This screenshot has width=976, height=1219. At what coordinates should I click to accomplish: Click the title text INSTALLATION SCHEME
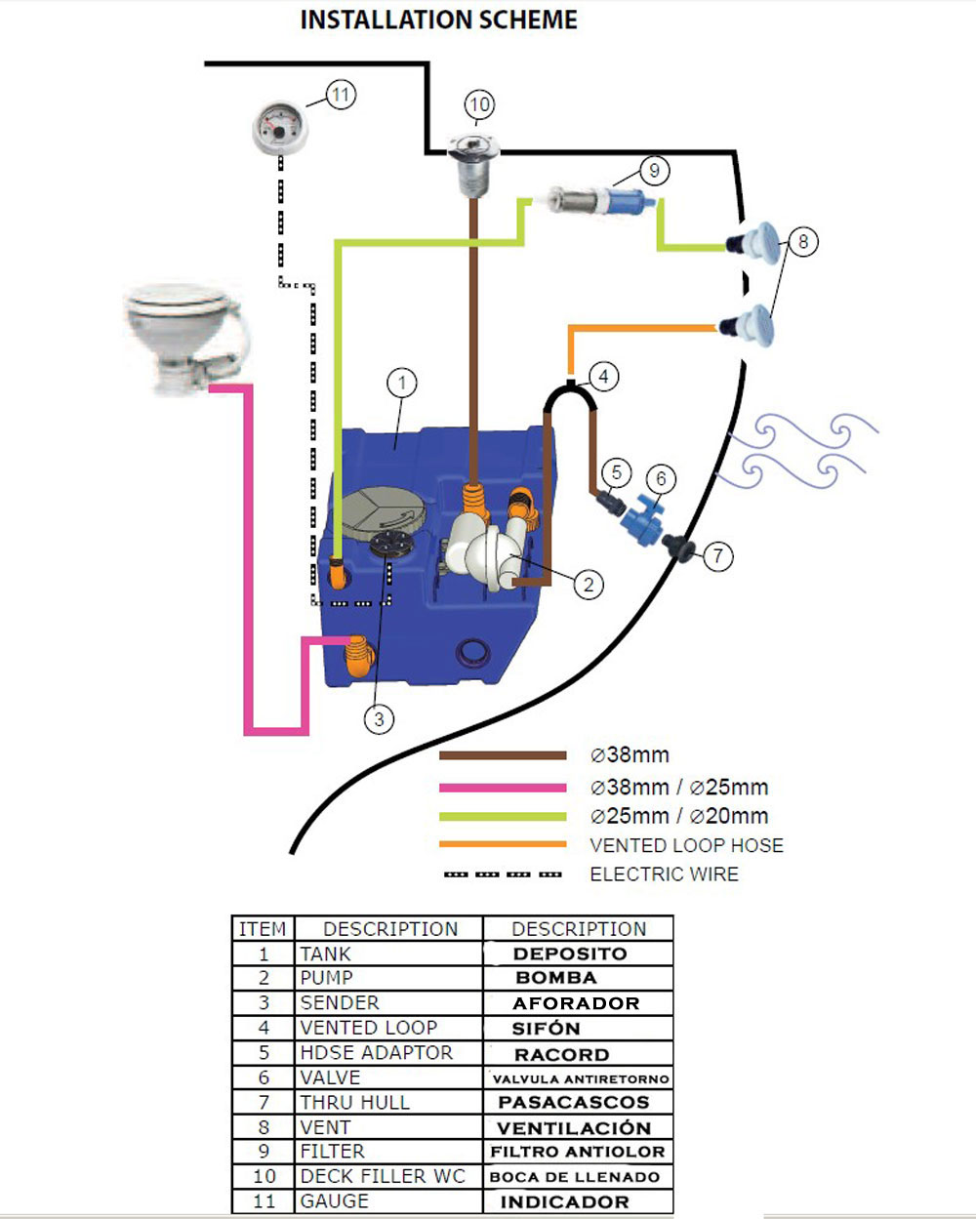tap(438, 20)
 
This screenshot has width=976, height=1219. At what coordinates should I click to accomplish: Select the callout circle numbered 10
tap(478, 104)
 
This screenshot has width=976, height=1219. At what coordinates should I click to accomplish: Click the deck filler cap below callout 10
tap(474, 156)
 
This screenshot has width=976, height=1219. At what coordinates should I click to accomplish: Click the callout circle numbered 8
tap(802, 241)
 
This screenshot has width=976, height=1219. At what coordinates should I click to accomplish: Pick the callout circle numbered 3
tap(379, 719)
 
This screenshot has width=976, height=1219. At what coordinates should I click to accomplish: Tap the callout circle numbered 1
tap(401, 383)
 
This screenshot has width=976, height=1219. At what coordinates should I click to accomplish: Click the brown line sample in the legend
tap(503, 755)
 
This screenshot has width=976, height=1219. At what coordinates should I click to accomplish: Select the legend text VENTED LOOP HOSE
tap(686, 845)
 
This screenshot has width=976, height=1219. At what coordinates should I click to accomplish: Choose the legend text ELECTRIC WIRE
tap(664, 874)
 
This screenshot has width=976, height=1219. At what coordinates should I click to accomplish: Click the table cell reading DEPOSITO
tap(570, 954)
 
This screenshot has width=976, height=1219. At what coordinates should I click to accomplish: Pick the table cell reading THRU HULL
tap(355, 1102)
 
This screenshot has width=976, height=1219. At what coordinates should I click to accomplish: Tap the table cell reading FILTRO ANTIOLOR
tap(577, 1152)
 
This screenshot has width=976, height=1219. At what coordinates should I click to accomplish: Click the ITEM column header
tap(263, 928)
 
